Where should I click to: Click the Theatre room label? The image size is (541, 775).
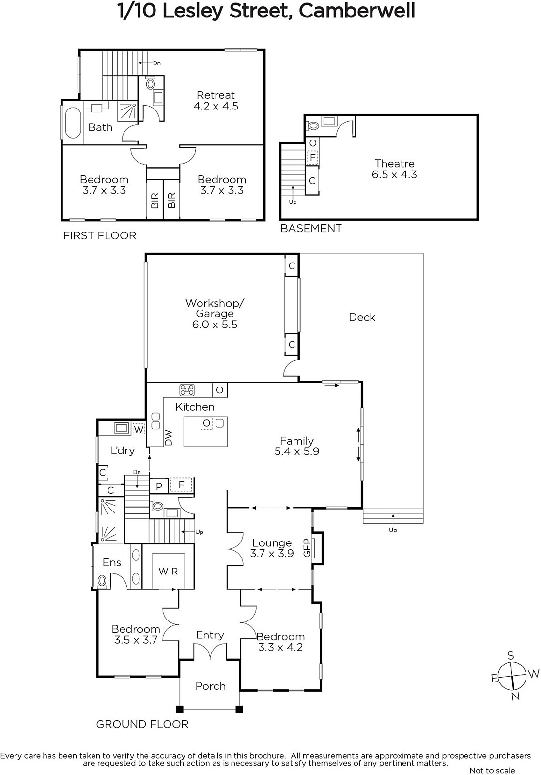394,169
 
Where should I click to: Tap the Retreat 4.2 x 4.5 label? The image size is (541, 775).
216,100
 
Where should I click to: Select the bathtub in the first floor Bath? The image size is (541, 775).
72,123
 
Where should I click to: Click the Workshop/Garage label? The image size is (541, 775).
215,313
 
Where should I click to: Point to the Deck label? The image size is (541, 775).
362,317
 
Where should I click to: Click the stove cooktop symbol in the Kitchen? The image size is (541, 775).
187,390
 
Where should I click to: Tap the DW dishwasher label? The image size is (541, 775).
169,437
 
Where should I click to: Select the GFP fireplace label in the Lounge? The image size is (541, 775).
307,548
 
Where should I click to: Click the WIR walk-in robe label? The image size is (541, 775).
168,571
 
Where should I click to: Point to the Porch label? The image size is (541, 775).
210,686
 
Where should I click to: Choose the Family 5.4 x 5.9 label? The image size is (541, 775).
297,446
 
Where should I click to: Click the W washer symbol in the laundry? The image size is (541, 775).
139,429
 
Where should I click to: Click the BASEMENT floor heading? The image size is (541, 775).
311,228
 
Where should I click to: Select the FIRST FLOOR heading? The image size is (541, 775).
100,235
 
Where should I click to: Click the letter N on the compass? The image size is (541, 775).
515,696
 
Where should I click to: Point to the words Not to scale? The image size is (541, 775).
492,770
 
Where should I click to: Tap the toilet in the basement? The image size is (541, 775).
313,125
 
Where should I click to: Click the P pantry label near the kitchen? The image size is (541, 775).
159,486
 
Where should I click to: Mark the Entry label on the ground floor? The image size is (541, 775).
210,635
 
